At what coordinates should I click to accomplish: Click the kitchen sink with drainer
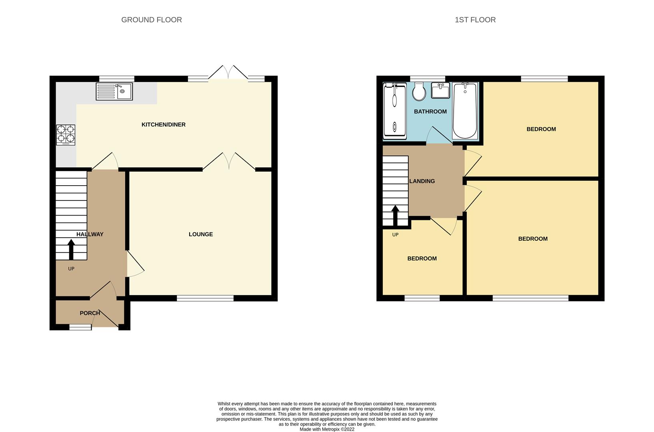click(114, 91)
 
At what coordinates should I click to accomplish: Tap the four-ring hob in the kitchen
click(66, 134)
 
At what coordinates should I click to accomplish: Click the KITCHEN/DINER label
click(163, 125)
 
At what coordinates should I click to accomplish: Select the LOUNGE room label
click(200, 234)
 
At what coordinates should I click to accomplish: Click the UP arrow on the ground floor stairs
click(71, 250)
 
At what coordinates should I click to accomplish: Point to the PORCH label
click(90, 313)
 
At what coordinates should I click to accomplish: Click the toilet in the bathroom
click(419, 92)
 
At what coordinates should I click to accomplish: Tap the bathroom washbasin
click(441, 90)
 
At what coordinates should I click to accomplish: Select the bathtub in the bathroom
click(465, 110)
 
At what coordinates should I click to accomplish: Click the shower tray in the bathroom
click(394, 110)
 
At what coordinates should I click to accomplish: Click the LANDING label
click(422, 181)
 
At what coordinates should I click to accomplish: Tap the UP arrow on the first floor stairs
click(395, 216)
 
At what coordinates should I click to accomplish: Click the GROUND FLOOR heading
click(151, 20)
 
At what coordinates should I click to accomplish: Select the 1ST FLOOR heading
click(475, 20)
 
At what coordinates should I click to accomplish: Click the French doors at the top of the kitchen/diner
click(228, 74)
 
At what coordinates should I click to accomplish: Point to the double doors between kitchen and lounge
click(229, 162)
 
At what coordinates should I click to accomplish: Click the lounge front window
click(205, 298)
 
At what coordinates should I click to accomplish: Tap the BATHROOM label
click(430, 112)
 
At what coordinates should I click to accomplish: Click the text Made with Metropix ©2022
click(327, 429)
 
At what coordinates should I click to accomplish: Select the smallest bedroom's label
click(422, 259)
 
